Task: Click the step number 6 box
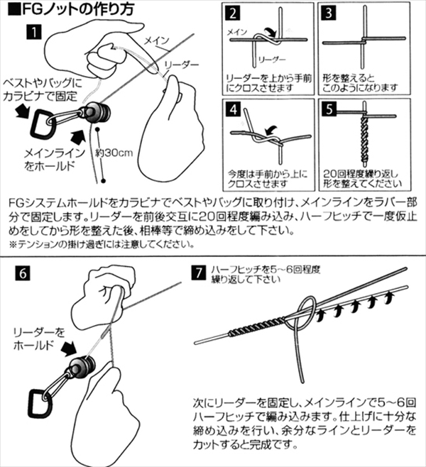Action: point(21,272)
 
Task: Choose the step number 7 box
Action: point(201,272)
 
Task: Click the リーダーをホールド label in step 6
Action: point(40,339)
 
